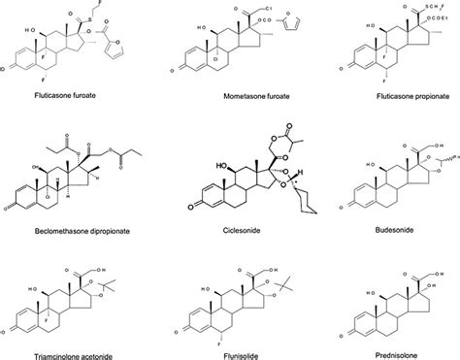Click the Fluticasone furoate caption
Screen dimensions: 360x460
click(57, 96)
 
